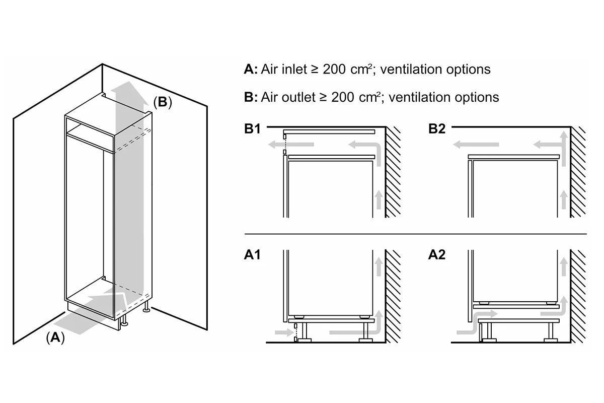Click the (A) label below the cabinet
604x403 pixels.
click(x=55, y=338)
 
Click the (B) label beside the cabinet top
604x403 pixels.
click(x=162, y=102)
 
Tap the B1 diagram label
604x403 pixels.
click(x=252, y=128)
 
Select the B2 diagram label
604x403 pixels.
click(x=437, y=128)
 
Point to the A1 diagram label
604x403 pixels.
click(x=252, y=254)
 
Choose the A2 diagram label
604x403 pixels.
click(x=437, y=254)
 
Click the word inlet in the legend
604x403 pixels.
click(x=294, y=69)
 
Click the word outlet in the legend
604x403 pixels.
click(x=298, y=97)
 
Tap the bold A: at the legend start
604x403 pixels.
click(x=251, y=69)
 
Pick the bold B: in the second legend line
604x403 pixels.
click(x=251, y=97)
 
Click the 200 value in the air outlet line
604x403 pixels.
click(x=343, y=97)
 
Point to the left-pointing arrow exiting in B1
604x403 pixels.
click(x=291, y=145)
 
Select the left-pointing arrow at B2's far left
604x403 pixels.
click(x=476, y=145)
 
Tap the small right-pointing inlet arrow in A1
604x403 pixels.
click(x=284, y=332)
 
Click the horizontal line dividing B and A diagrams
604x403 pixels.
click(x=416, y=234)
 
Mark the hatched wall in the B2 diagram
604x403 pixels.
click(x=578, y=172)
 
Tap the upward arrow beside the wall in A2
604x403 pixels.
click(x=564, y=266)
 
